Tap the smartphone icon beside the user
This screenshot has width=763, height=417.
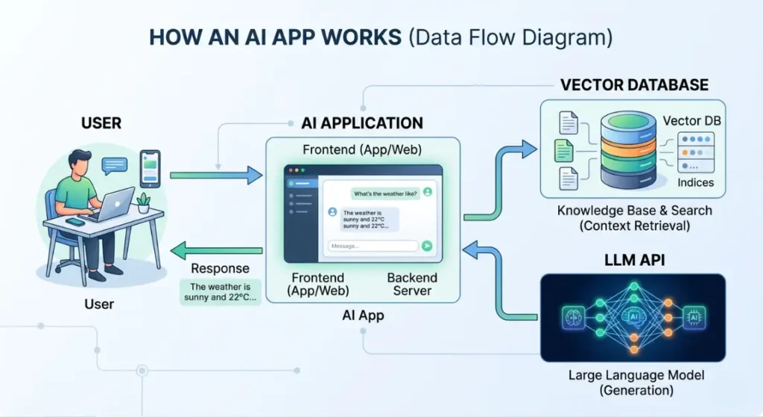tap(150, 168)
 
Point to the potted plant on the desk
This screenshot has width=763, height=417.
tap(143, 201)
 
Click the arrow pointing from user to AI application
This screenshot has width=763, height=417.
tap(216, 176)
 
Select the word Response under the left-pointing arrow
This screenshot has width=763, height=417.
tap(220, 269)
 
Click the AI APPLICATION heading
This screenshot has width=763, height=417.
tap(362, 123)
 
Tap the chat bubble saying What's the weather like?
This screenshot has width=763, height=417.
tap(384, 193)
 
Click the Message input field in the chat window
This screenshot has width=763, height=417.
tap(373, 245)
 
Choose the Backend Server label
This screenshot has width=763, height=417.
tap(412, 283)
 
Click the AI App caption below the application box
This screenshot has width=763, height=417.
tap(363, 315)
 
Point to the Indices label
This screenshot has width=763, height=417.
tap(695, 183)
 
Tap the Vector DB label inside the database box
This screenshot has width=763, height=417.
tap(691, 121)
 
